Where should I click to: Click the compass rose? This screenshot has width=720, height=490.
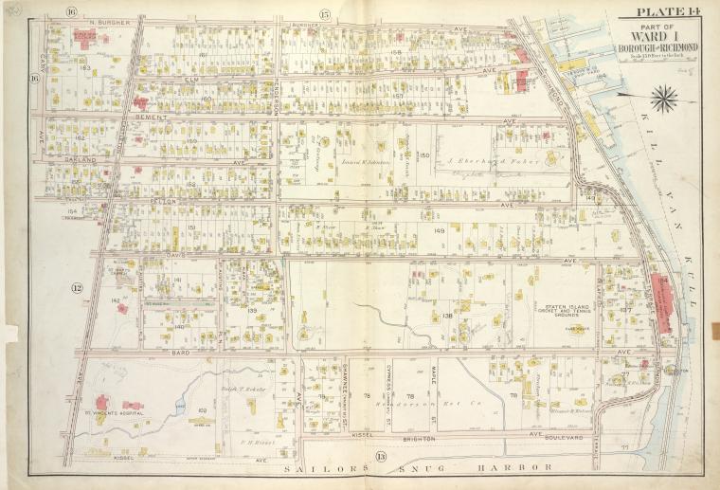tap(664, 96)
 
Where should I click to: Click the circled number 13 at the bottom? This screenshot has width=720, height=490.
tap(381, 457)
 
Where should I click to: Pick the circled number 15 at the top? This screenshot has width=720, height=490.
tap(324, 12)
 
